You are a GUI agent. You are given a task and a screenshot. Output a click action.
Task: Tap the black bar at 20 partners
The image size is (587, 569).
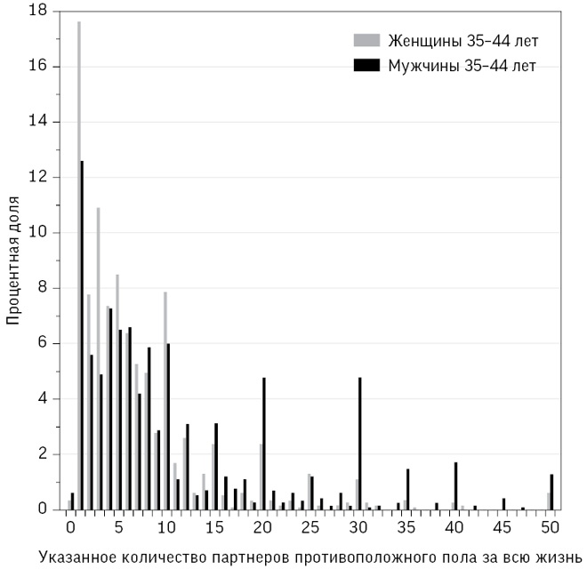[264, 444]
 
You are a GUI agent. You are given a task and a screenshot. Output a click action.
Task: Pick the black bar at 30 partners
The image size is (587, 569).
[360, 444]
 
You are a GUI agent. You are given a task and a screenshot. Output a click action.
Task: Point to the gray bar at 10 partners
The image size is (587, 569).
[165, 400]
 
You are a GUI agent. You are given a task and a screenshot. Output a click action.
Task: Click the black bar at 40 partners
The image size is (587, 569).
[456, 485]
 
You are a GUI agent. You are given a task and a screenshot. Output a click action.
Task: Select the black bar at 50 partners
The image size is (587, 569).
[552, 492]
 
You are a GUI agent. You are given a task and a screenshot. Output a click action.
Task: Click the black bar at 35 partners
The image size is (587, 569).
[408, 489]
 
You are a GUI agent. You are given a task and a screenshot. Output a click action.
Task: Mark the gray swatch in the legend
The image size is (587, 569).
[366, 40]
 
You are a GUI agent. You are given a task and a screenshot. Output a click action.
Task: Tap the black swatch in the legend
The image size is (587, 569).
[366, 65]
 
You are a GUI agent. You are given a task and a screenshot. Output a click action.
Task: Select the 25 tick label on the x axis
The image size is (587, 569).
[310, 525]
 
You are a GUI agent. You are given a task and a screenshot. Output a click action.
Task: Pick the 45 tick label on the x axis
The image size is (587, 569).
[503, 525]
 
